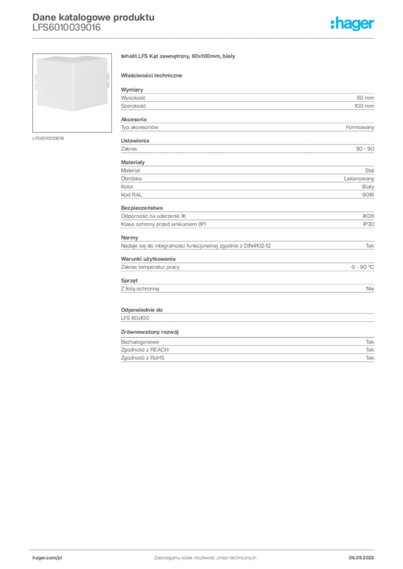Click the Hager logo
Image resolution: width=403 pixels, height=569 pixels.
point(352,23)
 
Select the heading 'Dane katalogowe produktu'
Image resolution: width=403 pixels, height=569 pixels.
point(94,17)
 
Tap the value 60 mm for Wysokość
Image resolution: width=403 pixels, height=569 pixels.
point(365,98)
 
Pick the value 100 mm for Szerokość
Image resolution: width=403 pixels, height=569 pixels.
point(364,106)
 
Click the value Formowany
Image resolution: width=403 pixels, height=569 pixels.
point(360,127)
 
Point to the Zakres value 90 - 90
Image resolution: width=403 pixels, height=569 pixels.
point(365,149)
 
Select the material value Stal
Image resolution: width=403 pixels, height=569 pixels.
point(370,170)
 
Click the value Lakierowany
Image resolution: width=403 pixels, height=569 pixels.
point(359,178)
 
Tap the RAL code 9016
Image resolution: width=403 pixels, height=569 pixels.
point(368,195)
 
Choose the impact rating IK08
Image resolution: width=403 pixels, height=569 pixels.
point(368,216)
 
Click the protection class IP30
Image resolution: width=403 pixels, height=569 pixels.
point(368,224)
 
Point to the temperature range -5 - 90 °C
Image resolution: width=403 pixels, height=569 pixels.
point(362,267)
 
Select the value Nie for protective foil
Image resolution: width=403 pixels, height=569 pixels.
point(370,289)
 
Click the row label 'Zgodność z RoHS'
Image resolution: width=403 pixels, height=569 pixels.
point(142,358)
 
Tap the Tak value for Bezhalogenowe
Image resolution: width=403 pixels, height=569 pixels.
point(370,342)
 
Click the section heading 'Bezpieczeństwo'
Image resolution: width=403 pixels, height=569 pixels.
point(142,208)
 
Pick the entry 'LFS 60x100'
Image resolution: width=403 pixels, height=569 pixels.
point(135,318)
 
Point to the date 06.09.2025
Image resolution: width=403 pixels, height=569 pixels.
point(361,558)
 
